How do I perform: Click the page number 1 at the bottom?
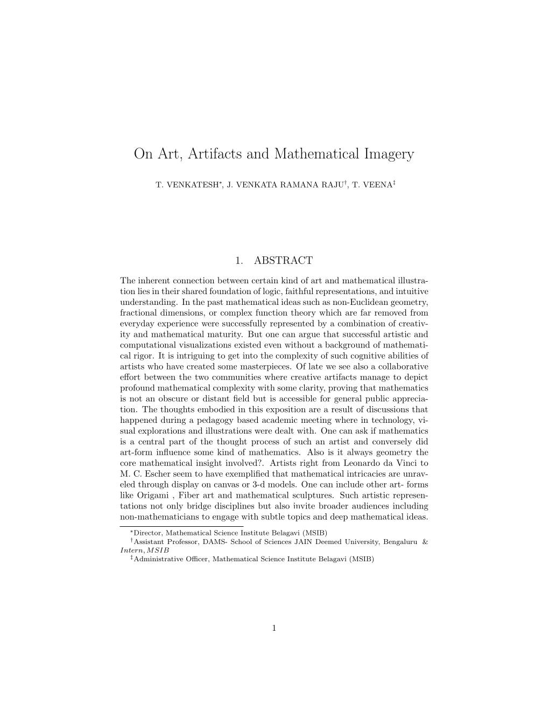click(x=274, y=627)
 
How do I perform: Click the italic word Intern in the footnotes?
click(x=132, y=550)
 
